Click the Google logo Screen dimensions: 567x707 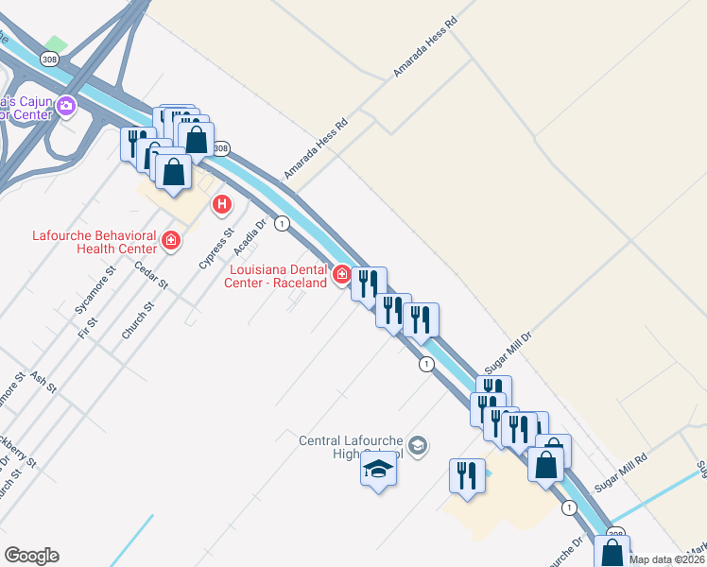(x=31, y=556)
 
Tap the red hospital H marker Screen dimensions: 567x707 (x=222, y=203)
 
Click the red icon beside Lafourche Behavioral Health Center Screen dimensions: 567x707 (x=171, y=241)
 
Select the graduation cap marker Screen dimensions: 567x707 (x=378, y=469)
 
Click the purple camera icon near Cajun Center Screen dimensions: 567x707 (x=66, y=105)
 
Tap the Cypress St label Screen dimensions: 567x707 (x=216, y=247)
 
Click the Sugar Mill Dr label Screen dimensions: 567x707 (x=509, y=350)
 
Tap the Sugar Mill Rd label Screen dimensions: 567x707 (x=621, y=472)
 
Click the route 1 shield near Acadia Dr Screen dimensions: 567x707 (x=282, y=223)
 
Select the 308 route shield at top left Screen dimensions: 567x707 (x=48, y=59)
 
